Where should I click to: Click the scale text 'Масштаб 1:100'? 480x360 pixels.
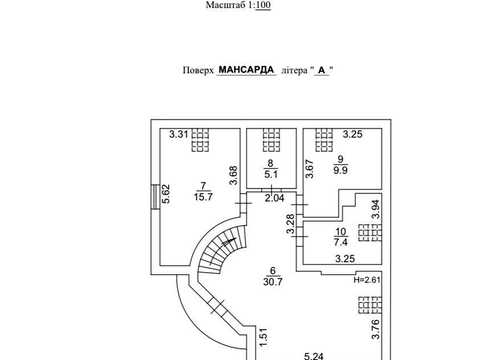[238, 5]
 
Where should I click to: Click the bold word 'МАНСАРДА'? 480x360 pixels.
[246, 70]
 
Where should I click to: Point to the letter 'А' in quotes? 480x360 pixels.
[321, 70]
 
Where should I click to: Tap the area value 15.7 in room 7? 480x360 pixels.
[203, 197]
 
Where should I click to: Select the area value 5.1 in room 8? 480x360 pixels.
[271, 174]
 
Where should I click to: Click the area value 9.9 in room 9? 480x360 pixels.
[340, 170]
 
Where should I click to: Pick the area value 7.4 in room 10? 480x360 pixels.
[341, 242]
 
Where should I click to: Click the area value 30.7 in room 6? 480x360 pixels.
[273, 282]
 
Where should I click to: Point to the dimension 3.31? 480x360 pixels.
[179, 134]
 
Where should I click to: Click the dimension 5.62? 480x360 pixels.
[166, 194]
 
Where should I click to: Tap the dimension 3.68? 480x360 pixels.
[233, 175]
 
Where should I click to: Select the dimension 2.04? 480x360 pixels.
[274, 198]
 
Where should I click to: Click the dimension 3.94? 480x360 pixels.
[376, 209]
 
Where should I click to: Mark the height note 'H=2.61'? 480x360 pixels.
[367, 280]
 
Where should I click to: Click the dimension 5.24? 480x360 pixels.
[314, 356]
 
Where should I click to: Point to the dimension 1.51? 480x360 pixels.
[263, 337]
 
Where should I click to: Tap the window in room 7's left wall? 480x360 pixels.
[155, 197]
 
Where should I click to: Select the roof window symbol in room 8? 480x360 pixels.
[271, 140]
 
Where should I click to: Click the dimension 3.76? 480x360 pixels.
[376, 329]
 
